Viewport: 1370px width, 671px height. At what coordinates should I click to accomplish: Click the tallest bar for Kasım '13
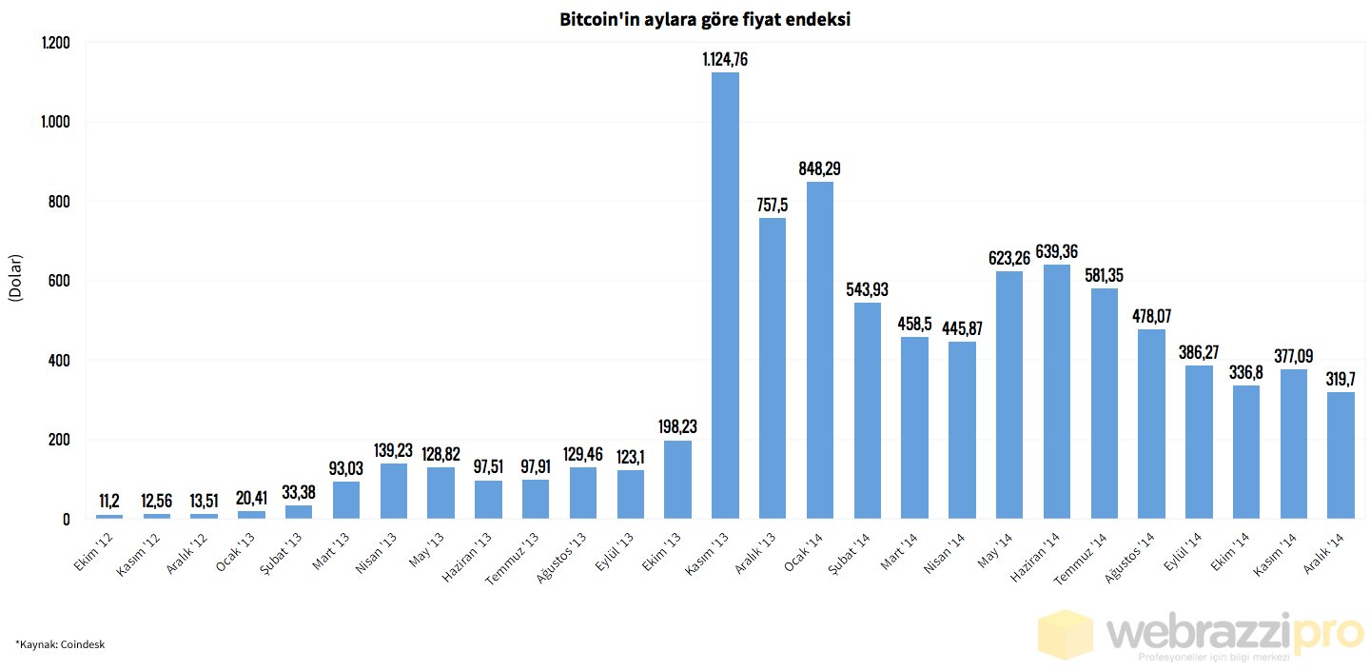[725, 295]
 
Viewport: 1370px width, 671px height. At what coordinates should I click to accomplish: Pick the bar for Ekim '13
[677, 480]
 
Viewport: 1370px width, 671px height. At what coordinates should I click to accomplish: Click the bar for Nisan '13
[394, 491]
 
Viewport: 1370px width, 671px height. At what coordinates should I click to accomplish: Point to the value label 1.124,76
[725, 59]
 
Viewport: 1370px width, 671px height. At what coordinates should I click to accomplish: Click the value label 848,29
[820, 168]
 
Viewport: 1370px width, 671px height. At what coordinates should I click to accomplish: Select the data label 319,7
[1341, 378]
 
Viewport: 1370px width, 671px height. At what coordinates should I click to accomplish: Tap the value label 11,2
[109, 501]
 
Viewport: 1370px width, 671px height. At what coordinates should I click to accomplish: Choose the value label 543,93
[868, 289]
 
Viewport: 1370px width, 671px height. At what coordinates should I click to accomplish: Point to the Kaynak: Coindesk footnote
[59, 644]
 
